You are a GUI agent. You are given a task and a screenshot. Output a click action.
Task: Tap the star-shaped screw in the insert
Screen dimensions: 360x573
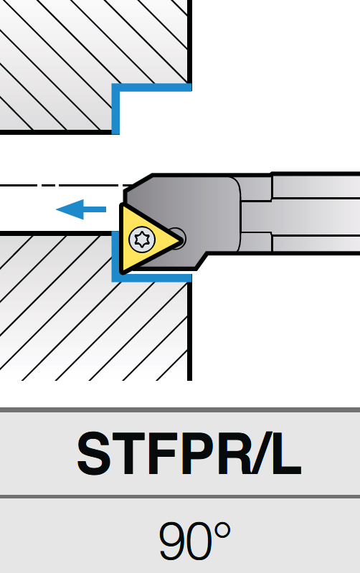click(x=142, y=240)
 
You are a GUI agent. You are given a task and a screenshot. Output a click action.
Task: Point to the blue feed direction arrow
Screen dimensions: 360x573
click(x=81, y=209)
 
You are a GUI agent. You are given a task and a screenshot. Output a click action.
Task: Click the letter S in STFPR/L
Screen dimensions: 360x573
click(x=94, y=453)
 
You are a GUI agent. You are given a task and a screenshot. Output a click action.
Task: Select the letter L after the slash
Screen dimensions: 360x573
click(x=286, y=453)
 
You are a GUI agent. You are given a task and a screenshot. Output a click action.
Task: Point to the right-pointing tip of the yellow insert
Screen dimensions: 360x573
click(x=182, y=240)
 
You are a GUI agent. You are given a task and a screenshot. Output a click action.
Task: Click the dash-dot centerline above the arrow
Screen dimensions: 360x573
click(x=66, y=186)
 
